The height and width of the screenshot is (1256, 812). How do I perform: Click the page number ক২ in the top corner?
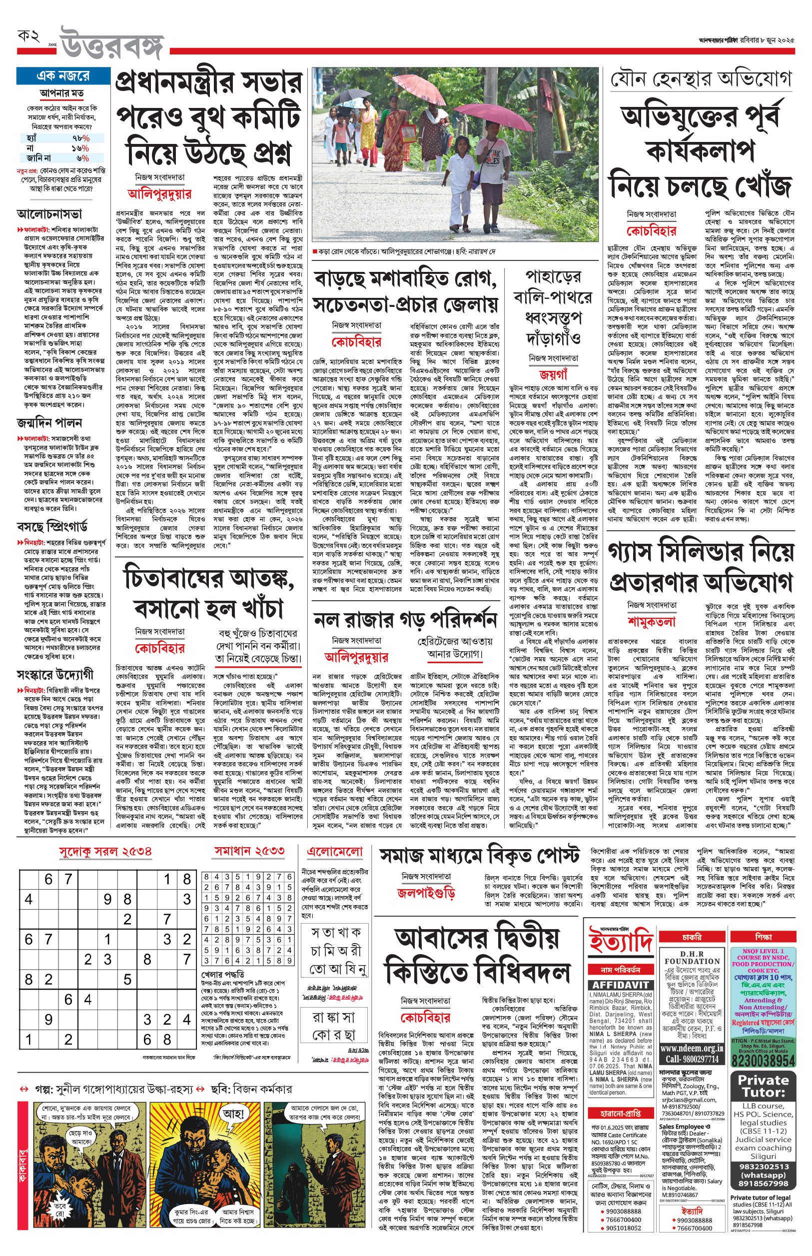point(28,36)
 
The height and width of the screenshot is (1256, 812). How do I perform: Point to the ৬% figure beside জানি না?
point(82,157)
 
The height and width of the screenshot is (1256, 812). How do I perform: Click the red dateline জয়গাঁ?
point(553,375)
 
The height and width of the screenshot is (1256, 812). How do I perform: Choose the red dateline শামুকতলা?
point(652,622)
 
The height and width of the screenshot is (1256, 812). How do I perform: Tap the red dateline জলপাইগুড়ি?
point(426,893)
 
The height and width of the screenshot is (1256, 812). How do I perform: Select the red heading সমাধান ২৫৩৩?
point(249,851)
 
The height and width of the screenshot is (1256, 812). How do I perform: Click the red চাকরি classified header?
point(691,937)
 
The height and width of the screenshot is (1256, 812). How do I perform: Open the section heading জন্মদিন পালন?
point(49,423)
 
